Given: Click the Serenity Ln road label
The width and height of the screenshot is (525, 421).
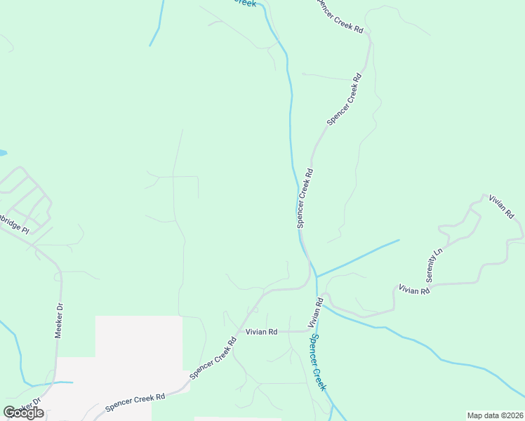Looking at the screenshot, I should (439, 265).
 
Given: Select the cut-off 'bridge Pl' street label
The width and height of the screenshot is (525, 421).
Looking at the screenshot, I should (15, 228).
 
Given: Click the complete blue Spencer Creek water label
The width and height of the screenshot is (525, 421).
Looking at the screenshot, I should (319, 362).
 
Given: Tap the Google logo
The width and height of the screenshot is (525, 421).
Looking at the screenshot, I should (23, 413).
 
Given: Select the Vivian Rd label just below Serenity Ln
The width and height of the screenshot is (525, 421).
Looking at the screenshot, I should (413, 289).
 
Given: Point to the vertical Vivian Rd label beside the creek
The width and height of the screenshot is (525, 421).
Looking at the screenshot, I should (315, 314).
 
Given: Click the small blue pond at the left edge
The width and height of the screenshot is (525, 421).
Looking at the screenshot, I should (2, 152).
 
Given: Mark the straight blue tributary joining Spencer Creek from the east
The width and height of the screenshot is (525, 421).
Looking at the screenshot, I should (358, 258).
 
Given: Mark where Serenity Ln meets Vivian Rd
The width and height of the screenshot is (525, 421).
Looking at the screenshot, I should (430, 283).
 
